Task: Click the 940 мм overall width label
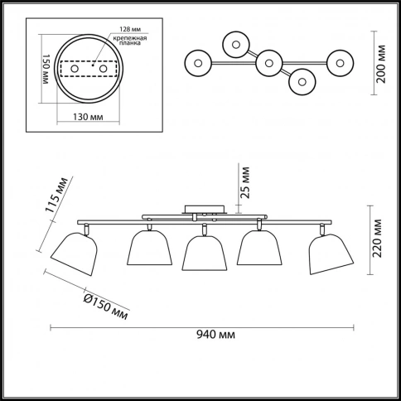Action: (x=215, y=335)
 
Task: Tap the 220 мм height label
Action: (x=376, y=239)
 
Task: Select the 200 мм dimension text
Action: (x=381, y=64)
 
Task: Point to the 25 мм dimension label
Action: (x=245, y=182)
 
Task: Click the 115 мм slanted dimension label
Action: (x=56, y=196)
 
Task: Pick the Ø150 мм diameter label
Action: (x=106, y=307)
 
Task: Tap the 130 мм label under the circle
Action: (x=88, y=117)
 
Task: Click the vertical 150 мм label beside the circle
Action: (x=46, y=69)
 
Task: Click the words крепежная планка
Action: (x=130, y=41)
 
